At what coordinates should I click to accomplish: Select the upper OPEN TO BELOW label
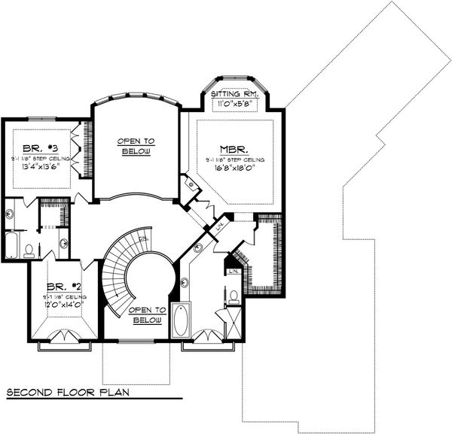136,146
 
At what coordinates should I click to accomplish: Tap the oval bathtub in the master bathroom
182,320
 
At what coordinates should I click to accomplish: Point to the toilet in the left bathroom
29,250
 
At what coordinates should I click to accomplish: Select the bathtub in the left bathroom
12,245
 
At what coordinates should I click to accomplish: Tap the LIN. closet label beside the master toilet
233,269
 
